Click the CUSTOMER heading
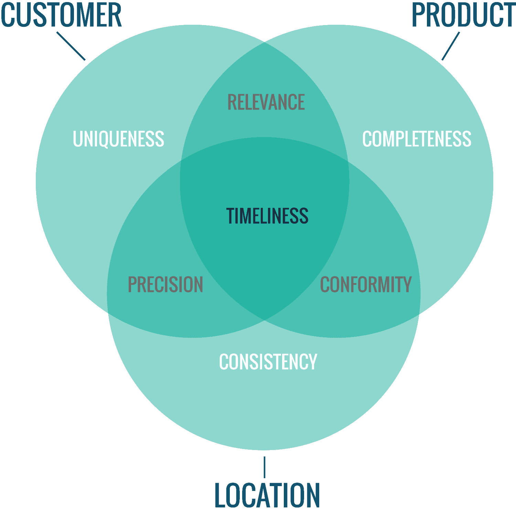[x=61, y=15]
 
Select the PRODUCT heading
[x=464, y=15]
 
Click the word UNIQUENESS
[x=119, y=139]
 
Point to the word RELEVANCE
[x=266, y=102]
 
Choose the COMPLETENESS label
[x=417, y=139]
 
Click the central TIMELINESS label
[x=267, y=216]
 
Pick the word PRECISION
[x=165, y=284]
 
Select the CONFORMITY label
[x=366, y=284]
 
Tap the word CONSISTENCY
[x=268, y=362]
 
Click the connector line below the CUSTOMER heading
[x=71, y=46]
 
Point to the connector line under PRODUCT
[x=451, y=46]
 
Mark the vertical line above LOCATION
[x=264, y=467]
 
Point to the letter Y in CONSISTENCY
[x=312, y=362]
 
